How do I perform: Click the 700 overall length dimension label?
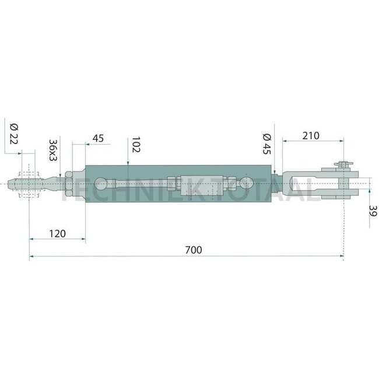(x=193, y=250)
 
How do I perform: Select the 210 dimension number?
(x=311, y=136)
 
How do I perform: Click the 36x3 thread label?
(x=52, y=150)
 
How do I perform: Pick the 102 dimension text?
(x=135, y=145)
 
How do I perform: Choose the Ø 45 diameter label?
(x=267, y=143)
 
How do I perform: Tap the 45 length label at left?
(x=98, y=138)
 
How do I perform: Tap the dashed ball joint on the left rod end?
(x=30, y=184)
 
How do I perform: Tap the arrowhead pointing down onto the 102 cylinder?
(x=127, y=164)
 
